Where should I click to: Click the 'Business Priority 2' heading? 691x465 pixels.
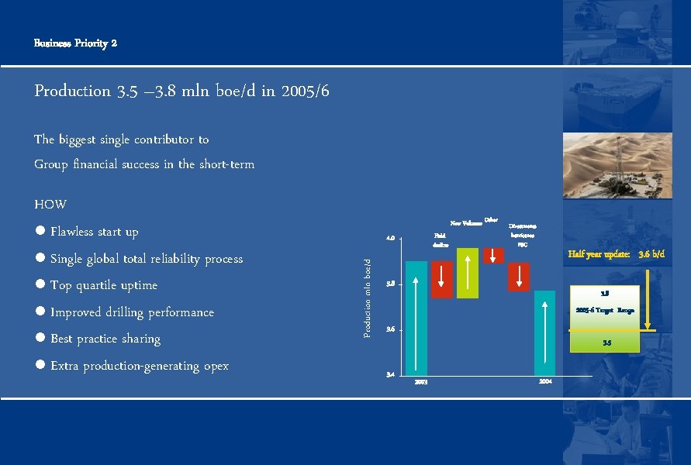tap(75, 43)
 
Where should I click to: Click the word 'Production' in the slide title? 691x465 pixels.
tap(73, 91)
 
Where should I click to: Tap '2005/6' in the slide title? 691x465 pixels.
tap(306, 91)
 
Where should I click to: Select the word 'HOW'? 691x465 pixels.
tap(50, 205)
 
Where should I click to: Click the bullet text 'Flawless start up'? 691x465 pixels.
tap(94, 232)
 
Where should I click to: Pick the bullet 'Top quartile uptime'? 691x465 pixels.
tap(103, 285)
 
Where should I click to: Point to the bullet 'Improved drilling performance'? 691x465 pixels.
tap(132, 312)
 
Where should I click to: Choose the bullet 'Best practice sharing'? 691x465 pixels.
tap(105, 339)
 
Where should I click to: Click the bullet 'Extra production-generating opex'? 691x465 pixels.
tap(140, 366)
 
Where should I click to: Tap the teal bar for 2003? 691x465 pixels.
tap(416, 318)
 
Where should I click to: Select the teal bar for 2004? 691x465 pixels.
tap(544, 333)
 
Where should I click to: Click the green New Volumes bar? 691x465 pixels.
tap(468, 273)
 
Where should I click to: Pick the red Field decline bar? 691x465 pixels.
tap(442, 279)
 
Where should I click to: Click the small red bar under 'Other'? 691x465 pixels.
tap(493, 256)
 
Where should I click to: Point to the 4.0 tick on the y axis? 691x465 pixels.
tap(391, 238)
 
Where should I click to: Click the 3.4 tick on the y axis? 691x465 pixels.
tap(391, 375)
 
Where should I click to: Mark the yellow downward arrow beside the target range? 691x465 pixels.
tap(650, 294)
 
